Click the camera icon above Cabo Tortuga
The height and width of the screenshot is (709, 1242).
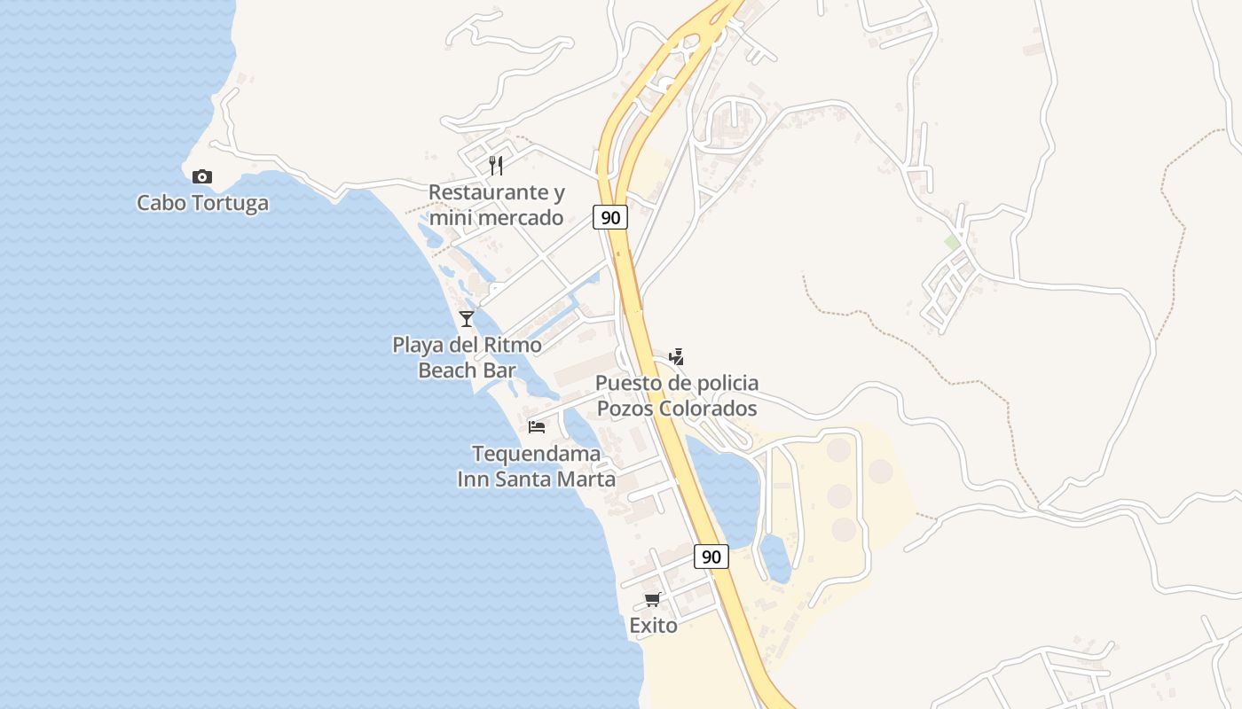202,177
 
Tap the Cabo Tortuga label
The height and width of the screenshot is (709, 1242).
202,203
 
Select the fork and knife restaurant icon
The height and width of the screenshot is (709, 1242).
496,166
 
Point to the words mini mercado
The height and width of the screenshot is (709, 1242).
496,218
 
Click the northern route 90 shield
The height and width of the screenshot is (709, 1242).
610,217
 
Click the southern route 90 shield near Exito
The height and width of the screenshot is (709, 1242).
711,557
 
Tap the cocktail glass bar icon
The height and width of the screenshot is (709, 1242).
467,319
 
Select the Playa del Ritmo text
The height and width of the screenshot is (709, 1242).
467,345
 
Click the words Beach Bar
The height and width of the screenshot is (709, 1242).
467,370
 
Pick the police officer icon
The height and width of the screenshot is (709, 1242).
676,357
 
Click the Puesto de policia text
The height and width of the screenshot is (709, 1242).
676,383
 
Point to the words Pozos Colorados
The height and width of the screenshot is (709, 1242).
676,409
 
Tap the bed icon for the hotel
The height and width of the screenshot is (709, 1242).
537,427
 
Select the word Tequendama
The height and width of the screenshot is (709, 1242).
536,454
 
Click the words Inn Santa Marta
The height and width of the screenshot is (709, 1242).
536,479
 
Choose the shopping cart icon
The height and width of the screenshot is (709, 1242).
653,600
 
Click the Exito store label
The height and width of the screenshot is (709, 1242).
653,626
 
